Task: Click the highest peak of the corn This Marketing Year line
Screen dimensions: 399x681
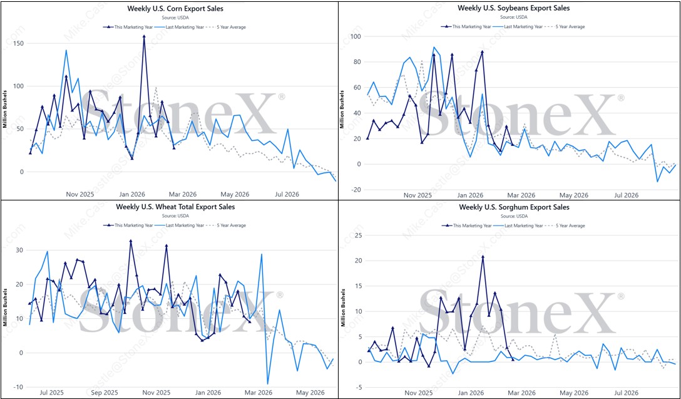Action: pyautogui.click(x=144, y=36)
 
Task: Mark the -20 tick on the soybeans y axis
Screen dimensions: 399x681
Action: pyautogui.click(x=355, y=190)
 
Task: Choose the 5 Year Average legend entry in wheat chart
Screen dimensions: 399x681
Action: pyautogui.click(x=232, y=225)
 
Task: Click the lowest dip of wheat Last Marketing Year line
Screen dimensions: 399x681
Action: pyautogui.click(x=267, y=383)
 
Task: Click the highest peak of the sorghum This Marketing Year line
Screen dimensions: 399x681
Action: pyautogui.click(x=483, y=256)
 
